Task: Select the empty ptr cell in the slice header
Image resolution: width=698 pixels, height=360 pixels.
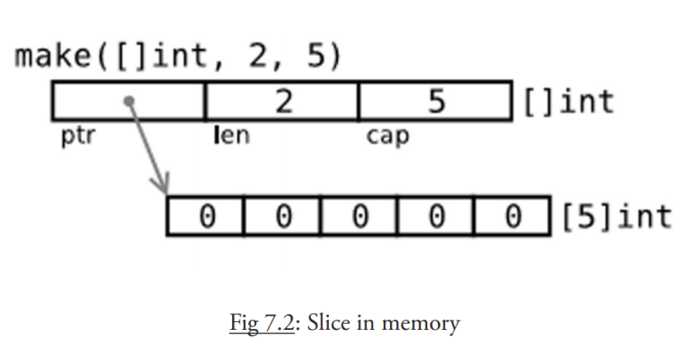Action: (x=128, y=101)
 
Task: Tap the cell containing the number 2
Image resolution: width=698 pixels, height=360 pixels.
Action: (x=282, y=101)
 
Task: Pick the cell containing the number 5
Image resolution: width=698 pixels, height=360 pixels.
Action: (x=436, y=101)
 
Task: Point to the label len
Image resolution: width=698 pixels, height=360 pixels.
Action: (x=231, y=137)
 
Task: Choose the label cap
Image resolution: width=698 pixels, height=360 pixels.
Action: (x=388, y=138)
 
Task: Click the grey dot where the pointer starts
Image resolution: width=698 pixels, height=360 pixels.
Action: (x=130, y=101)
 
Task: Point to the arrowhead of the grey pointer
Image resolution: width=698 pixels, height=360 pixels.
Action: (x=162, y=188)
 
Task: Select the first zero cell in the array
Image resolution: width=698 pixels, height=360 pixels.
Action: (x=205, y=216)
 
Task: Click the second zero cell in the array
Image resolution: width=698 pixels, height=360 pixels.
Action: (x=282, y=216)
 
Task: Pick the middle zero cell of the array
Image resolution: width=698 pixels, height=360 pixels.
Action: (x=359, y=216)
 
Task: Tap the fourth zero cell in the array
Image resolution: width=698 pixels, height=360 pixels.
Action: (x=436, y=216)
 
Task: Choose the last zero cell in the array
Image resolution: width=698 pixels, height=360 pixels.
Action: (x=512, y=216)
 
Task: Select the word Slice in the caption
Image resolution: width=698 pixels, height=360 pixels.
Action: (x=328, y=321)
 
